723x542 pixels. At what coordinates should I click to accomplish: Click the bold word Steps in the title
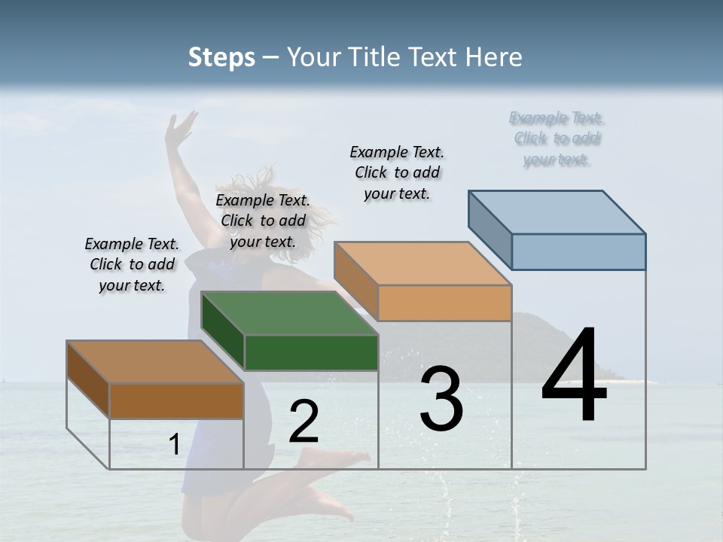(x=221, y=57)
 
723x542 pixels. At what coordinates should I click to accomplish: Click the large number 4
(x=575, y=376)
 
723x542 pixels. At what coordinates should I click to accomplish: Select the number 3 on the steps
(x=441, y=399)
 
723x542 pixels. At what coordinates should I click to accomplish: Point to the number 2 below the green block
(x=304, y=422)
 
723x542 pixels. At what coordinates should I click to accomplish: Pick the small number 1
(x=174, y=445)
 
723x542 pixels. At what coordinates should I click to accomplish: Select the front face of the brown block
(x=176, y=401)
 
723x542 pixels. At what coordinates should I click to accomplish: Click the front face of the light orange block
(x=444, y=303)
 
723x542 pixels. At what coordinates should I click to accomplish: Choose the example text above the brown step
(x=132, y=264)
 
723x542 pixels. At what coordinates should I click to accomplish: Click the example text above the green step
(x=263, y=221)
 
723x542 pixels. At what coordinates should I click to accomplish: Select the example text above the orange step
(x=397, y=172)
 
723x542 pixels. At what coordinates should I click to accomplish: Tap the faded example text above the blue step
(x=557, y=139)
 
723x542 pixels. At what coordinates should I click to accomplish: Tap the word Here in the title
(x=494, y=57)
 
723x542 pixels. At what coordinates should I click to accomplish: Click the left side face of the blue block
(x=490, y=230)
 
